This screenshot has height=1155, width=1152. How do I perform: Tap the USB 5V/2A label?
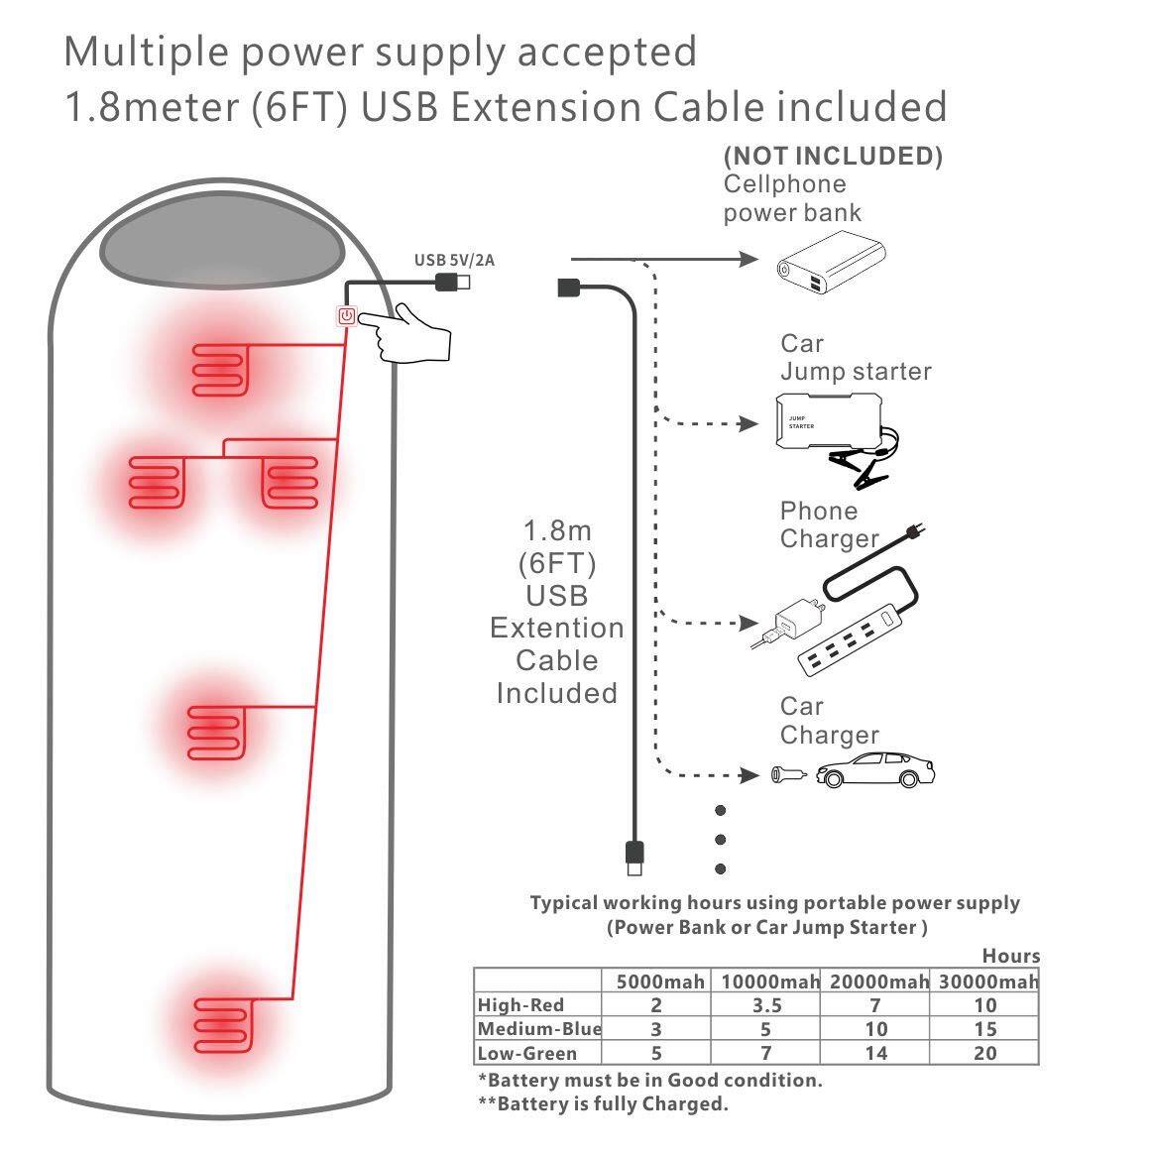point(454,261)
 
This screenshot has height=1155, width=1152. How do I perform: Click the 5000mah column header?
point(660,982)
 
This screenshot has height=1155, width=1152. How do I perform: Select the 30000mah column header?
point(984,982)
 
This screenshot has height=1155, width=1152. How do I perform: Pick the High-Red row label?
point(520,1005)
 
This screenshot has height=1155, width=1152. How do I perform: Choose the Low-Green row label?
point(526,1053)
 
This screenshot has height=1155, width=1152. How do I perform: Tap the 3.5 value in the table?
point(766,1005)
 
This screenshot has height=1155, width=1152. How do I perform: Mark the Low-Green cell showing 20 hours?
point(984,1053)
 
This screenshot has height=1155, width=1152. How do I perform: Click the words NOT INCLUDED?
point(833,156)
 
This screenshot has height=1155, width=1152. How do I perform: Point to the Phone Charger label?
point(829,524)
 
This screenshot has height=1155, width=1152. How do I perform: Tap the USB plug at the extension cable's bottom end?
point(634,855)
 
